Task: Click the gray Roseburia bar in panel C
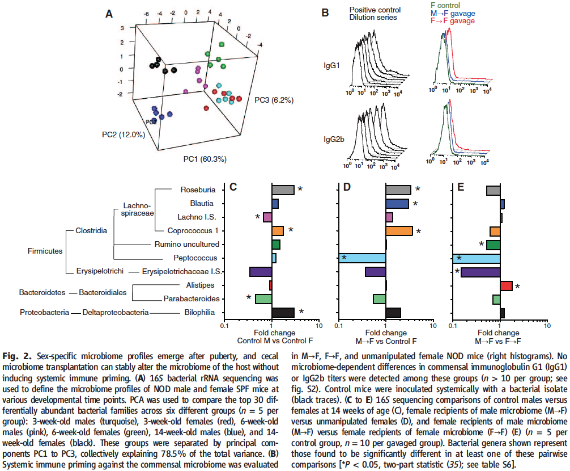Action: [283, 190]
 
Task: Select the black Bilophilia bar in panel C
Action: [283, 313]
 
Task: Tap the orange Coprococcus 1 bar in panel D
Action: [399, 231]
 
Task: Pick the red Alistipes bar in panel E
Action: [506, 286]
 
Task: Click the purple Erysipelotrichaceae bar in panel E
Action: [480, 272]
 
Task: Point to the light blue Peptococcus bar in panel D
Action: [362, 258]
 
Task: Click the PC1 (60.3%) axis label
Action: [205, 159]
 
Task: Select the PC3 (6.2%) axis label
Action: [274, 100]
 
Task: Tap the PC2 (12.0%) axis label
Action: [124, 134]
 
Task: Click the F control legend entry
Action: [445, 6]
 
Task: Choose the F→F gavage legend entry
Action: [453, 21]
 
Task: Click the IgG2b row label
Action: [334, 139]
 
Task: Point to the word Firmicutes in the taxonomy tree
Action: [45, 251]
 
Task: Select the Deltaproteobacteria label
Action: [116, 312]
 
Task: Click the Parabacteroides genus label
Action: [192, 299]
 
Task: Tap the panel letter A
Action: [109, 14]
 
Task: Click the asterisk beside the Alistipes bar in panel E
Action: [517, 287]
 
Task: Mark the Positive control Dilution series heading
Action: [375, 14]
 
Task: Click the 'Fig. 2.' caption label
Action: [17, 356]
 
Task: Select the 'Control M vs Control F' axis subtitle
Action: [275, 340]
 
